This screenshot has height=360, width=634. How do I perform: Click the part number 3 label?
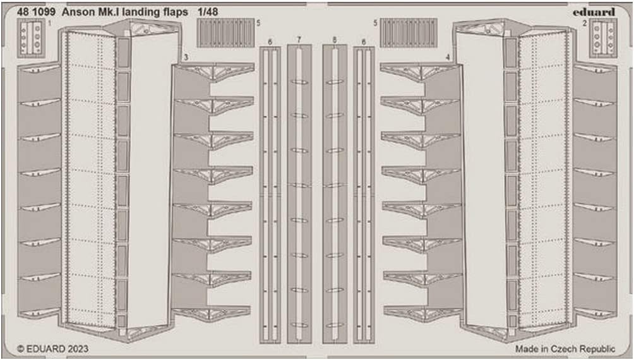pos(185,57)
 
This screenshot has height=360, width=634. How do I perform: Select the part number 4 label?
pos(447,57)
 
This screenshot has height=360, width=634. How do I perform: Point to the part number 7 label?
pos(299,40)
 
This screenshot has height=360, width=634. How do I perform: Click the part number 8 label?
pos(334,40)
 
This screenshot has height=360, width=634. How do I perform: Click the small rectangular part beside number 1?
pos(31,38)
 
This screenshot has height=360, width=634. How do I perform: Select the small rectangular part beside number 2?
pos(603,38)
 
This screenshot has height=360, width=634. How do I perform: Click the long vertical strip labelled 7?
pos(299,189)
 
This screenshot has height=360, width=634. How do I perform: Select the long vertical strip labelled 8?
pos(334,189)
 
